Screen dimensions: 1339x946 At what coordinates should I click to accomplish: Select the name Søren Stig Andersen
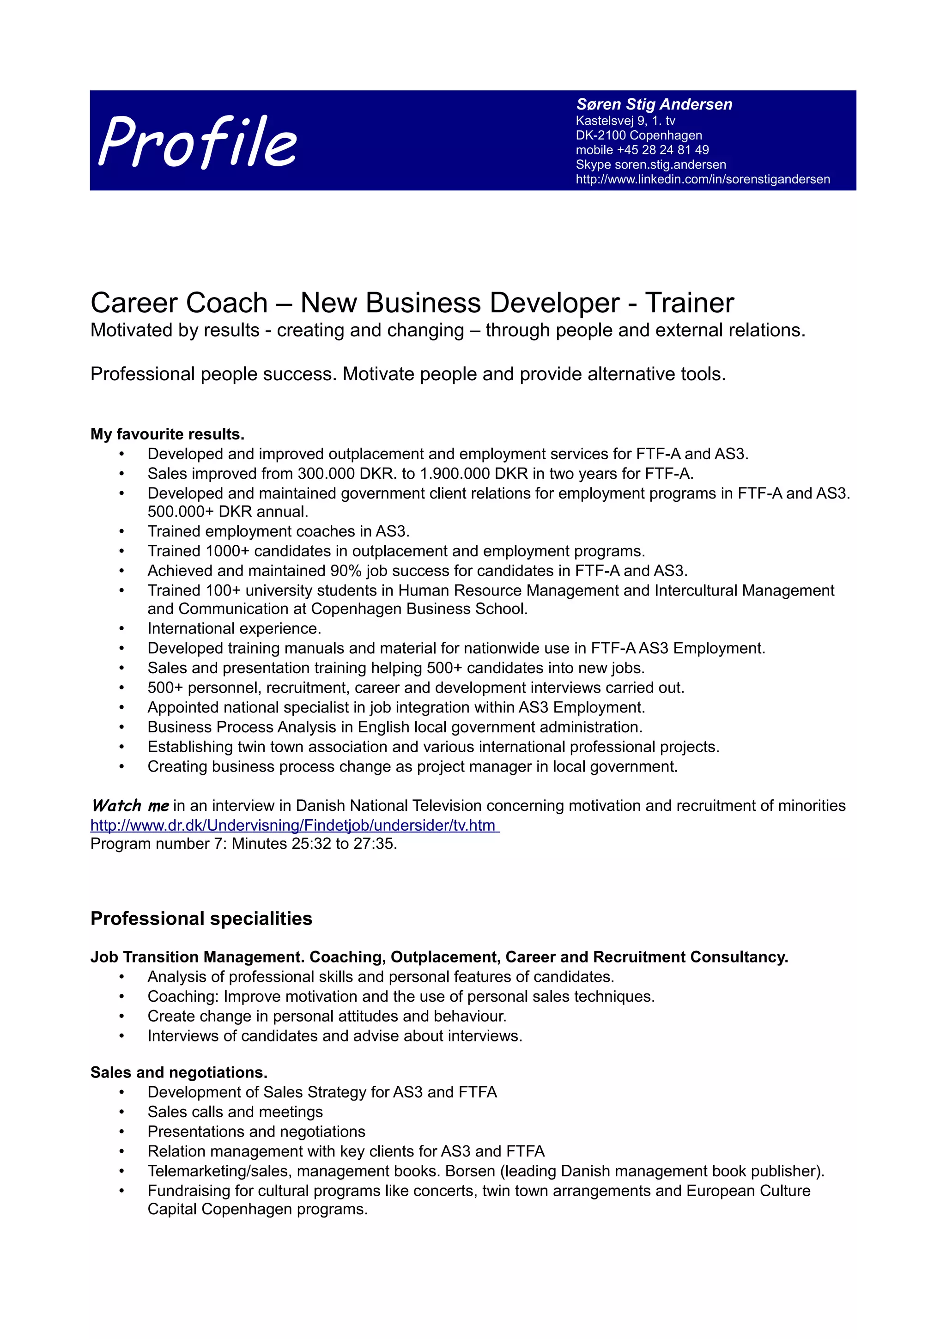pos(654,104)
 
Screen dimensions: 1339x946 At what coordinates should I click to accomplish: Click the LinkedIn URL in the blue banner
pos(703,179)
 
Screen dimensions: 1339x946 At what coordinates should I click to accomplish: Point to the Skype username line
pos(650,164)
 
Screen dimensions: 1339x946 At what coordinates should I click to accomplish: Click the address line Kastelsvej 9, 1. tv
pos(625,121)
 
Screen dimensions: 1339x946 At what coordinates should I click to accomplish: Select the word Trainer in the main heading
pos(689,303)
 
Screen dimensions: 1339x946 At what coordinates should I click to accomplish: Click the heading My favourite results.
pos(167,434)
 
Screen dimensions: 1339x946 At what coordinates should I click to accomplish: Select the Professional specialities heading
pos(201,919)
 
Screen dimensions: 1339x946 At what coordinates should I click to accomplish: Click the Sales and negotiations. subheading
pos(179,1072)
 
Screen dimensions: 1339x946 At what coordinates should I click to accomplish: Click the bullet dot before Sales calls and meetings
pos(122,1112)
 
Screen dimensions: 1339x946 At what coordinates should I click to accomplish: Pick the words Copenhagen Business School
pos(418,609)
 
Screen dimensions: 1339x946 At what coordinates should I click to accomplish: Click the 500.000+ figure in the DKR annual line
pos(180,511)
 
